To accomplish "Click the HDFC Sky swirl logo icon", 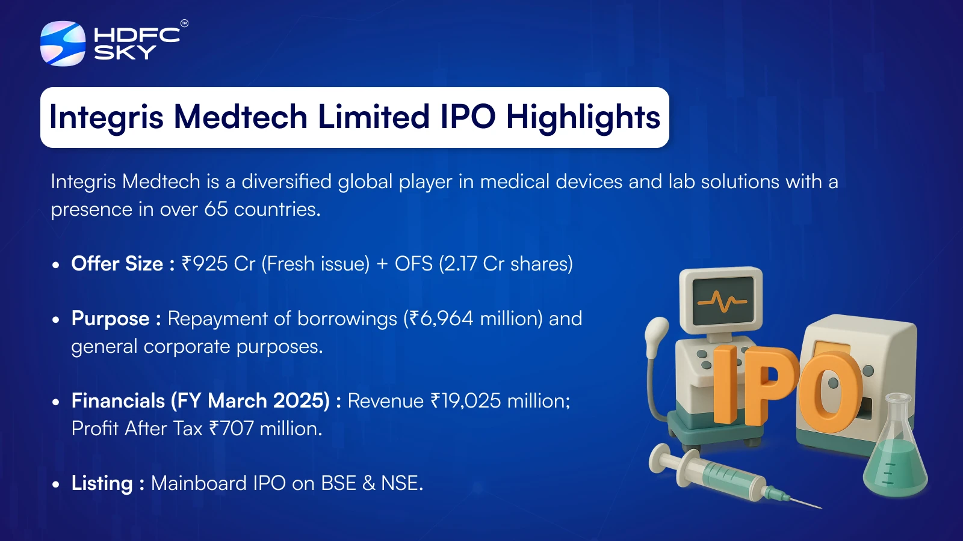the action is [63, 43].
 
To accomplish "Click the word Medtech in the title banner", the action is [240, 117].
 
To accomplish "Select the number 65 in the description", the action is [216, 210].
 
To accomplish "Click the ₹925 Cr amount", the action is [218, 264].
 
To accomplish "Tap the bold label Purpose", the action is [111, 319].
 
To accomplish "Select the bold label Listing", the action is [102, 484].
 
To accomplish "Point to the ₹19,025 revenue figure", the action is [466, 401].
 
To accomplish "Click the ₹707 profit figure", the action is [231, 429].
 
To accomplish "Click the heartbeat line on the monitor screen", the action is [722, 301].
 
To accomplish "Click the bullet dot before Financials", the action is [55, 402].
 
